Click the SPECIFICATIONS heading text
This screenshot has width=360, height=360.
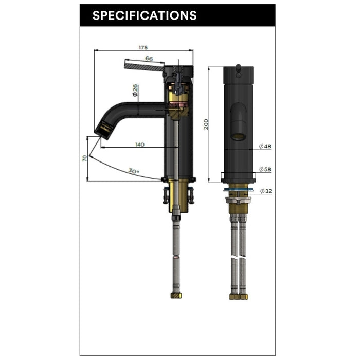pos(144,15)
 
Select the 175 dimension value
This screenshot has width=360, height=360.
pos(143,47)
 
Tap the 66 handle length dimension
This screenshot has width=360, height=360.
pos(149,59)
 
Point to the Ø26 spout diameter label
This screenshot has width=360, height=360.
pos(135,91)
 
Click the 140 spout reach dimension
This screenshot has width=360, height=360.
pos(139,145)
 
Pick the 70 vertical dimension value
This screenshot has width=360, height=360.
pos(85,158)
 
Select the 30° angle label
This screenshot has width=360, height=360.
pos(134,171)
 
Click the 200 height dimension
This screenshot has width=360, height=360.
pos(206,124)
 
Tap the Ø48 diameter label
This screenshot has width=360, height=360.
pos(265,147)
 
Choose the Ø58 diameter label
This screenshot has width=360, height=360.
pos(265,169)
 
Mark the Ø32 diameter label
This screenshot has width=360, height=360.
pos(266,191)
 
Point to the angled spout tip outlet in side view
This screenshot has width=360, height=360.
pos(104,129)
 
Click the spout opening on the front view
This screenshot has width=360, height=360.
pos(238,136)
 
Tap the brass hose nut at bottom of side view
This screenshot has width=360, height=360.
pos(175,296)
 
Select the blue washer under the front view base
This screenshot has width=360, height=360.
pos(238,190)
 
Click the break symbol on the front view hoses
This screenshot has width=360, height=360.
pos(238,256)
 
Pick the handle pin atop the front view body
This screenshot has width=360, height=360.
pos(238,66)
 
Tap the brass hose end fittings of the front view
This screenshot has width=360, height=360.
pos(238,296)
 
